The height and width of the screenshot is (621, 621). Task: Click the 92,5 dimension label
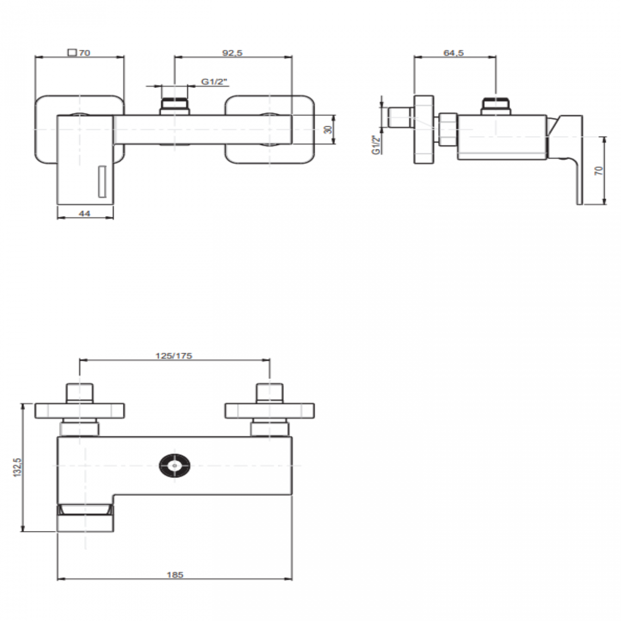(x=233, y=53)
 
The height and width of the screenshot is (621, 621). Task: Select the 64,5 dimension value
(x=453, y=53)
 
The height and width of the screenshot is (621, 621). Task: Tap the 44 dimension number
(x=85, y=214)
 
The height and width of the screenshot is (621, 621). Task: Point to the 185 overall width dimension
(x=175, y=575)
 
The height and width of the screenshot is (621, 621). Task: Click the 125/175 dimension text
(x=174, y=355)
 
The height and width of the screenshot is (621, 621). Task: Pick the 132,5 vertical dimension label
(x=18, y=467)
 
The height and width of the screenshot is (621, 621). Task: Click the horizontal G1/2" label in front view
(x=214, y=82)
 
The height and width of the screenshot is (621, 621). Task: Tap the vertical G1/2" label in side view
(x=376, y=145)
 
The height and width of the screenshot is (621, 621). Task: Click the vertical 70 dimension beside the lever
(x=599, y=171)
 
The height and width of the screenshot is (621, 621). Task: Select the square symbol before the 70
(x=72, y=53)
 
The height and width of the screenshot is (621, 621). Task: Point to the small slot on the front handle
(x=101, y=181)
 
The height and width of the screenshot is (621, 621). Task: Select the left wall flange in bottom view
(x=80, y=410)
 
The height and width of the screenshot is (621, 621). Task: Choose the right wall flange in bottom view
(x=270, y=410)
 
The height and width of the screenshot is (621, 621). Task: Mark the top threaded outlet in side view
(x=497, y=106)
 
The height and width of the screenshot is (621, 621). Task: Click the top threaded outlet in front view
(x=175, y=106)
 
